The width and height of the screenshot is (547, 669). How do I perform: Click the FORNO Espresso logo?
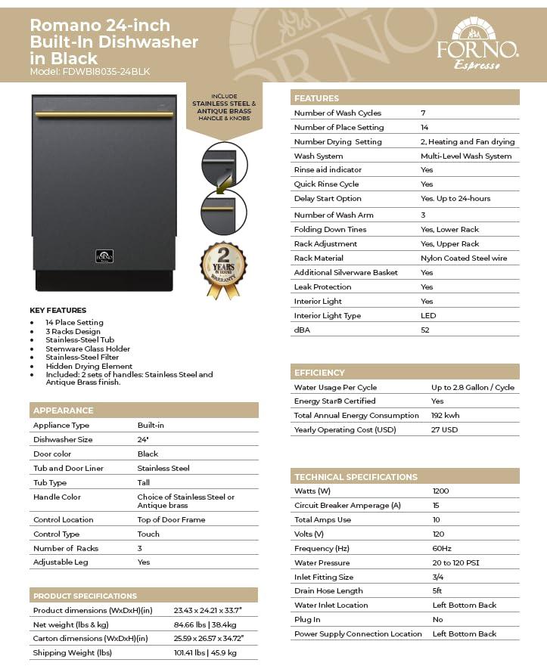tap(477, 45)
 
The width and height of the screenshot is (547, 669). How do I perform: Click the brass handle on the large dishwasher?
tap(104, 115)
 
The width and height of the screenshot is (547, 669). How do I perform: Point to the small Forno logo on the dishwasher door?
tap(104, 256)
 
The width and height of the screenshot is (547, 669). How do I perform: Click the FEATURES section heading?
tap(316, 98)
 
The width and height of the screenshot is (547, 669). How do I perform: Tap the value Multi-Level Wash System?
tap(466, 156)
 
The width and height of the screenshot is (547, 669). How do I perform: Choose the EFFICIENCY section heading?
tap(319, 373)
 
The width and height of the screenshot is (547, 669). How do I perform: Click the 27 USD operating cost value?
tap(445, 430)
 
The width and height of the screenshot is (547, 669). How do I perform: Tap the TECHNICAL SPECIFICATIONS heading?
tap(356, 477)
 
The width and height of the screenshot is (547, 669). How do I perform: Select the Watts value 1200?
tap(440, 491)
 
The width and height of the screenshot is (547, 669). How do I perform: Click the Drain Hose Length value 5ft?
tap(437, 591)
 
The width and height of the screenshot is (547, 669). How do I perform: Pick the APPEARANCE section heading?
tap(64, 410)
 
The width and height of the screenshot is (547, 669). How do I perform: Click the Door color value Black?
tap(148, 454)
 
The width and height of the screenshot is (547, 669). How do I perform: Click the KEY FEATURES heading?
tap(57, 310)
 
